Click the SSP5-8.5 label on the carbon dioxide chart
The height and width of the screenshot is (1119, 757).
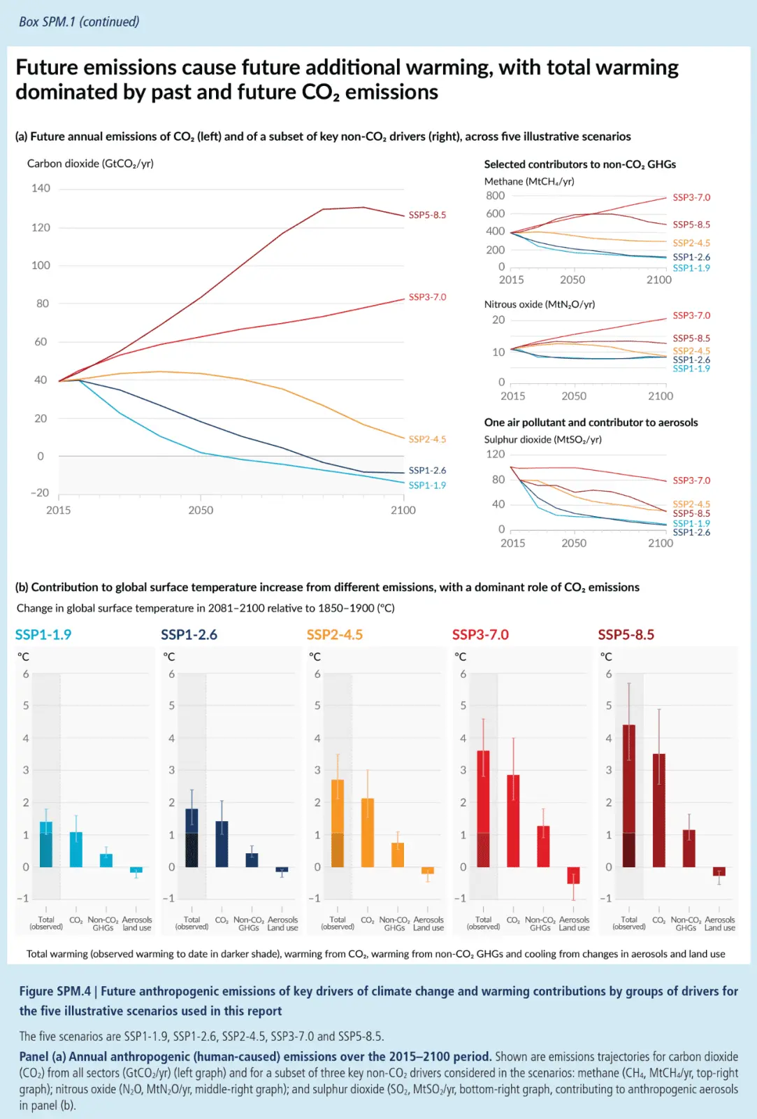(x=427, y=215)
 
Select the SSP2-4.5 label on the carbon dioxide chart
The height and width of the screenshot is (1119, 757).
(x=427, y=439)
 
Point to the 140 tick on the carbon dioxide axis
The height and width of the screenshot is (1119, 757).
(x=41, y=188)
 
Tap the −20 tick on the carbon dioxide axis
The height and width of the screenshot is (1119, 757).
(x=39, y=492)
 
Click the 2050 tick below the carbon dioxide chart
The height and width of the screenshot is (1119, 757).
(x=201, y=511)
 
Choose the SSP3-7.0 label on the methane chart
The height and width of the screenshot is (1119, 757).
(x=691, y=197)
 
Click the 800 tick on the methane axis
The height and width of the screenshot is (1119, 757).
(x=495, y=196)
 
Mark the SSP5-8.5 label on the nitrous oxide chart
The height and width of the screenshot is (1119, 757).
(x=691, y=338)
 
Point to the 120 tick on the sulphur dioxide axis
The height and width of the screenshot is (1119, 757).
(x=495, y=454)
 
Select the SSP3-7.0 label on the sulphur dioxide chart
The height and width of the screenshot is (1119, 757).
(x=691, y=480)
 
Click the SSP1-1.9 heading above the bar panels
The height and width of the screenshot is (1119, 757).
(x=43, y=635)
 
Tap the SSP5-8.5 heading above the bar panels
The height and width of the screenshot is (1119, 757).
(x=626, y=635)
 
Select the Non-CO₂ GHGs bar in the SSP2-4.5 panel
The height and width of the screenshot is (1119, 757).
(x=398, y=855)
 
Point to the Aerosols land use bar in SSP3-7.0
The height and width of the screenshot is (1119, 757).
(x=573, y=875)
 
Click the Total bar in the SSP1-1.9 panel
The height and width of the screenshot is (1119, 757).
(x=46, y=844)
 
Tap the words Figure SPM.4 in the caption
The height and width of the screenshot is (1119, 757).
(x=55, y=991)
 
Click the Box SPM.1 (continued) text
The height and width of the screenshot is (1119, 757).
(x=79, y=22)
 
